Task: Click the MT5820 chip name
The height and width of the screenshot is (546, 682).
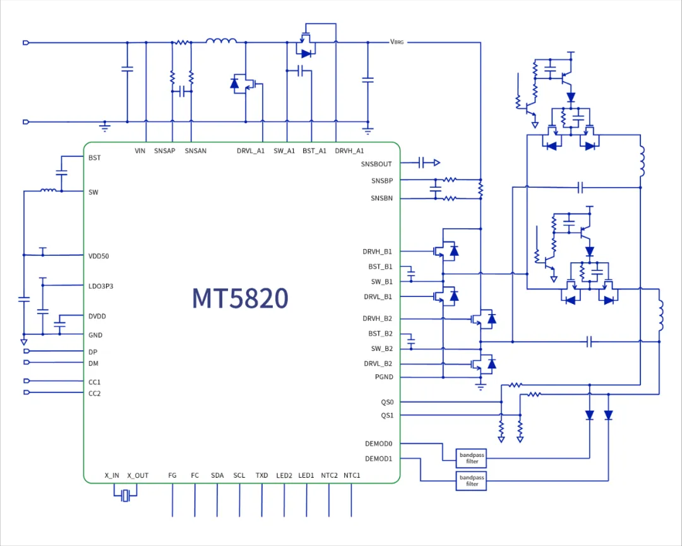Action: coord(240,298)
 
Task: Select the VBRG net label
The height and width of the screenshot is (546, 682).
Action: coord(397,42)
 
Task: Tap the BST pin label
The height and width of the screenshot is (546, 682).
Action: coord(95,157)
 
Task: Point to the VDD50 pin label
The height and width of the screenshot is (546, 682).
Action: coord(99,256)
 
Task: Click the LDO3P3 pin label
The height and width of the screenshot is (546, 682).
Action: coord(101,286)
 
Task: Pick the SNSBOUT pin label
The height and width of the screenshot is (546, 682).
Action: coord(376,164)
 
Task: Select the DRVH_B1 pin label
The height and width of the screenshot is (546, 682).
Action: coord(377,252)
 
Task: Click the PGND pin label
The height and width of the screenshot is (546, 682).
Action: coord(383,377)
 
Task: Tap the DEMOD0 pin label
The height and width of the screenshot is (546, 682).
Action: coord(378,444)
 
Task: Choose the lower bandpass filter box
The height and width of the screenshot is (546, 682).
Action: coord(472,480)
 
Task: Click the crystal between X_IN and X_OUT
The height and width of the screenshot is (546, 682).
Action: coord(126,495)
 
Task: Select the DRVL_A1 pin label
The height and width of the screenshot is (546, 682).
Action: coord(251,151)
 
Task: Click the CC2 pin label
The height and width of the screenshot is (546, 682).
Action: coord(95,393)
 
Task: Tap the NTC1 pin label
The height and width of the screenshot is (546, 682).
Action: coord(352,475)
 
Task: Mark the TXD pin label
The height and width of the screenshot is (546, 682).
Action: coord(261,475)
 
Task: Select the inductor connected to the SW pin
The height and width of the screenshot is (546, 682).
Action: coord(47,190)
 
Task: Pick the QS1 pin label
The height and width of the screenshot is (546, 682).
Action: coord(386,415)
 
